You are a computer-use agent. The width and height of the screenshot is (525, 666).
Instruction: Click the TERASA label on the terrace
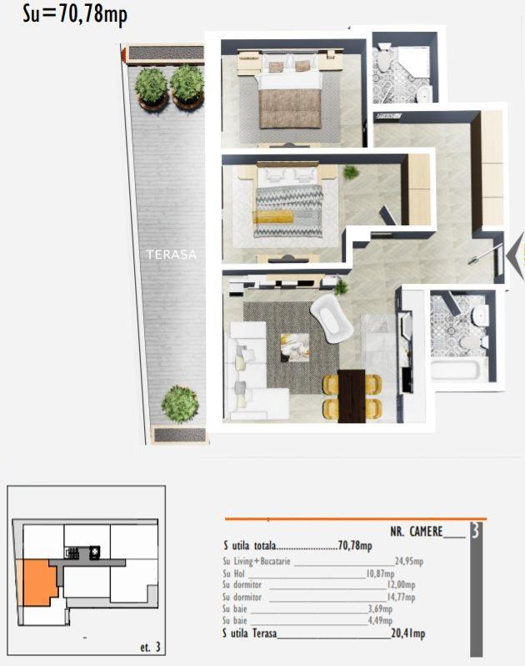point(172,255)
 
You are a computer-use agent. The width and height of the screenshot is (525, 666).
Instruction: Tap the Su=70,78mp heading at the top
point(75,14)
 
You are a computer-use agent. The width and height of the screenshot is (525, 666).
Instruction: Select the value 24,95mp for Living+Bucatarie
point(409,562)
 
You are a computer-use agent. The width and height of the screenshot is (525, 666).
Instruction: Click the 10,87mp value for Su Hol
point(380,574)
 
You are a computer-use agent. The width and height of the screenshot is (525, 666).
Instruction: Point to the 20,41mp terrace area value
point(408,633)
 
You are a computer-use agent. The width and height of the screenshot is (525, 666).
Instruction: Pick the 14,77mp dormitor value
point(401,598)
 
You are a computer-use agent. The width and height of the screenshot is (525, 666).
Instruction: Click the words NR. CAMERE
point(417,532)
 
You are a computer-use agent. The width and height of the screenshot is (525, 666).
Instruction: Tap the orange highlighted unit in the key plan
point(39,583)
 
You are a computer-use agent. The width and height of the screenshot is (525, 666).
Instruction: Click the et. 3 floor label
point(151,648)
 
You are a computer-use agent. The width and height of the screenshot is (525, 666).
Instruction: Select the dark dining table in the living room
point(352,396)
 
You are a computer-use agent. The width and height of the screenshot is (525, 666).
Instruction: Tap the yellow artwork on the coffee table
point(295,347)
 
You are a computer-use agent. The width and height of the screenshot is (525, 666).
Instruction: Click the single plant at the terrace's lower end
point(180,404)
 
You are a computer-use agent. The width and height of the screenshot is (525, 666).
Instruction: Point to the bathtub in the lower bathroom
point(454,369)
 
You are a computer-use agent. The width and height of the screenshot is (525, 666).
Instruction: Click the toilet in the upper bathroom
point(384,58)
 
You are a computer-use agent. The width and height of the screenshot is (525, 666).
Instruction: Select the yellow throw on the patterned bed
point(273,216)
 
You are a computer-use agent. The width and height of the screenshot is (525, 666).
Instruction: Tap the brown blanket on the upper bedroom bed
point(290,108)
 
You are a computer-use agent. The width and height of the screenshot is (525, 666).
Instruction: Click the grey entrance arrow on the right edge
point(515,256)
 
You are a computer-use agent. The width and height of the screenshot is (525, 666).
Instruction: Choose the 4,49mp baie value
point(380,621)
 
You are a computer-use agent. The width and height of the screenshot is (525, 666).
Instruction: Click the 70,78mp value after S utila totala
point(355,545)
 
